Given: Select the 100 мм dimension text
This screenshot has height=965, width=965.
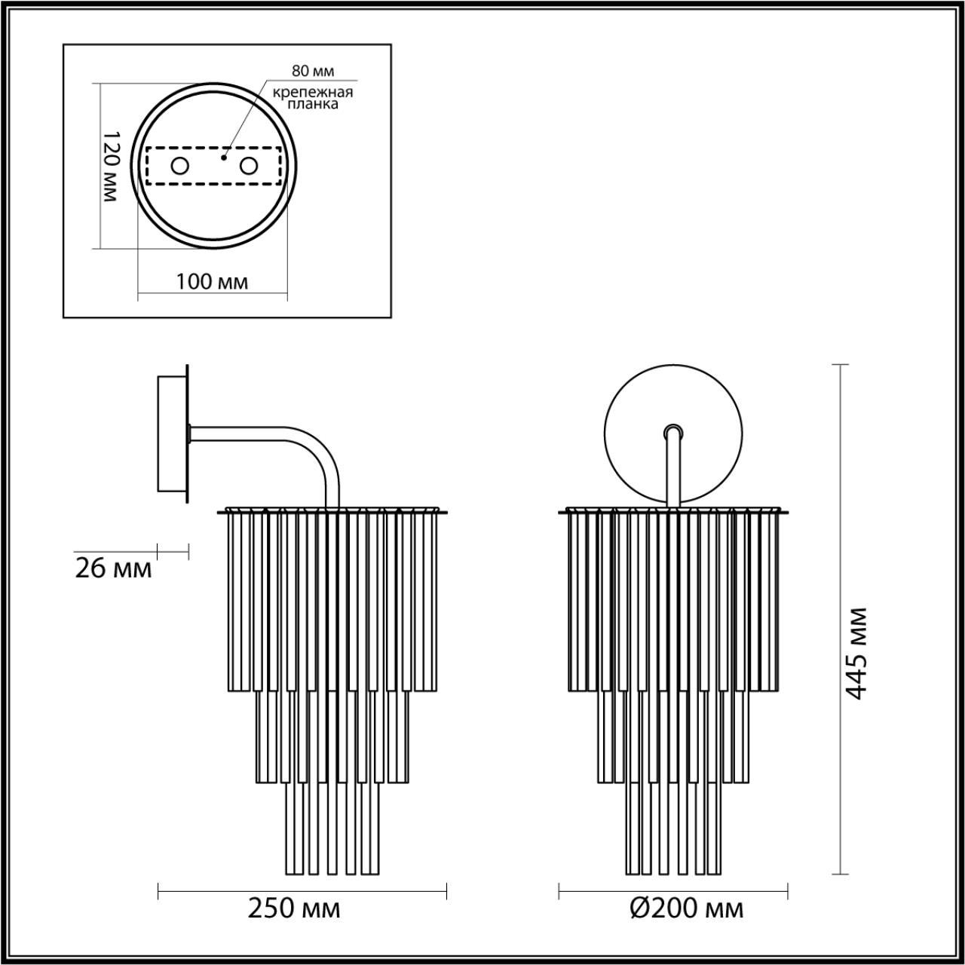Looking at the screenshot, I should pyautogui.click(x=212, y=282).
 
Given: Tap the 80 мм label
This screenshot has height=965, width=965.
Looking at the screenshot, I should pyautogui.click(x=313, y=72).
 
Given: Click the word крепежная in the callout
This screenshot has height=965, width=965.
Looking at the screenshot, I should pyautogui.click(x=313, y=92).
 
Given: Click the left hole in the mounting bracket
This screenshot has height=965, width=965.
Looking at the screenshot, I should pyautogui.click(x=179, y=166).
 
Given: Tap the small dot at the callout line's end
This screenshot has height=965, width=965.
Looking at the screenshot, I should pyautogui.click(x=223, y=158).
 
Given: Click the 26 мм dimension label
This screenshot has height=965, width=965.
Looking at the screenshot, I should pyautogui.click(x=113, y=568).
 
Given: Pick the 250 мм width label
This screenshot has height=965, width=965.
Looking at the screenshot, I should pyautogui.click(x=294, y=908).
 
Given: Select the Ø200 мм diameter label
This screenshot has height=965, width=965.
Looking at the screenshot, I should pyautogui.click(x=686, y=908).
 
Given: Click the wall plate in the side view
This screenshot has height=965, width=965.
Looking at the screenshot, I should pyautogui.click(x=170, y=433).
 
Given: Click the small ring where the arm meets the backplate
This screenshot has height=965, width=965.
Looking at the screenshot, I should pyautogui.click(x=672, y=432).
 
